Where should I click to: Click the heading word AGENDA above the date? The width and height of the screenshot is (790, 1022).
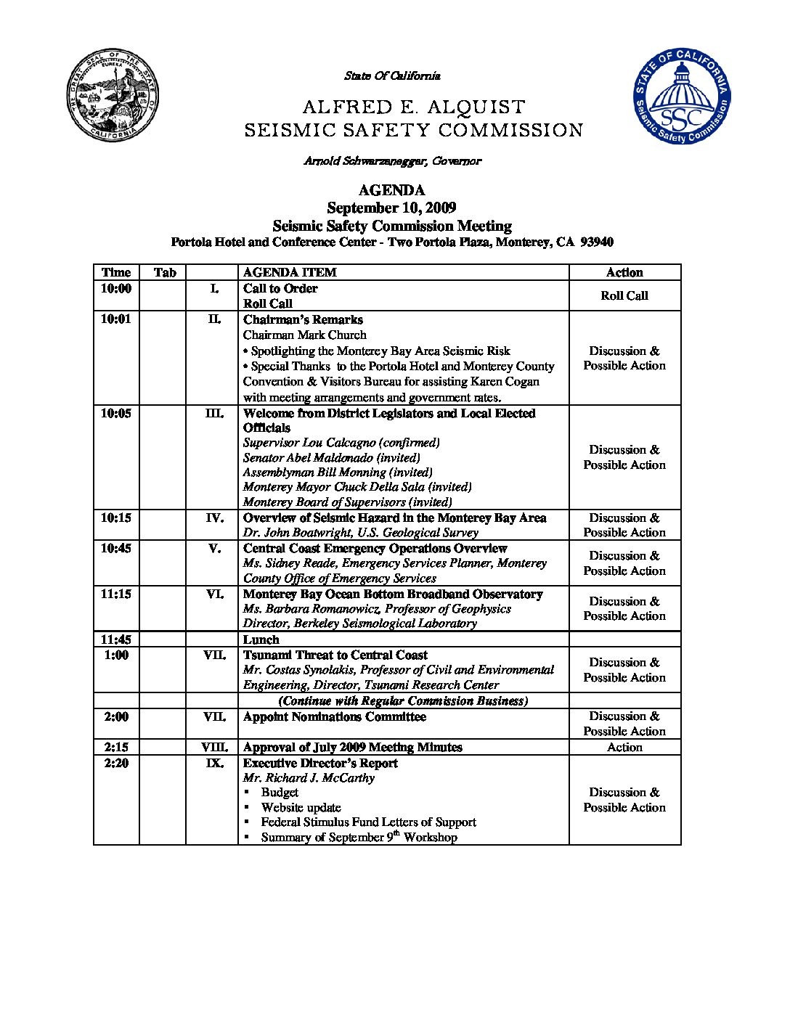click(391, 190)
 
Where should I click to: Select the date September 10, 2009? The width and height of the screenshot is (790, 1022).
click(391, 208)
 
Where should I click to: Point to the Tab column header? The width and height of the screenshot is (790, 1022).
click(165, 273)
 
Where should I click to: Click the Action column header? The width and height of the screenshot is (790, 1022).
click(624, 273)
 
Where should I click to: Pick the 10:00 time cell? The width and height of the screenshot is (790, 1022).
click(116, 289)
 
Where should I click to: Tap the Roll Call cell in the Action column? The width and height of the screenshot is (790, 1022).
click(624, 295)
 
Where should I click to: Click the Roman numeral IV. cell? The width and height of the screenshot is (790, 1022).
click(214, 518)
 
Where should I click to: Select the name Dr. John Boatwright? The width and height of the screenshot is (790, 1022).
click(298, 533)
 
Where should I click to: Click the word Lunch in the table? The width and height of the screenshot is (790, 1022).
click(261, 640)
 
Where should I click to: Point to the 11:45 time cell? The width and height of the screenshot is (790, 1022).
click(116, 640)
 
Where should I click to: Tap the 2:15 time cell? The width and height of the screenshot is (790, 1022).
click(116, 748)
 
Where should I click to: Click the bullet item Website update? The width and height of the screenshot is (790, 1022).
click(301, 808)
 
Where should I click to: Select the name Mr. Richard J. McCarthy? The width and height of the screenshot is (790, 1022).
click(309, 778)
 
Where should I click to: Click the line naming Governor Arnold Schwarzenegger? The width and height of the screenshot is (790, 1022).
click(392, 161)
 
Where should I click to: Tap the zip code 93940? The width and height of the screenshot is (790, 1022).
click(597, 242)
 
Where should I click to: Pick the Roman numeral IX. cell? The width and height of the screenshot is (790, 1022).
click(214, 764)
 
